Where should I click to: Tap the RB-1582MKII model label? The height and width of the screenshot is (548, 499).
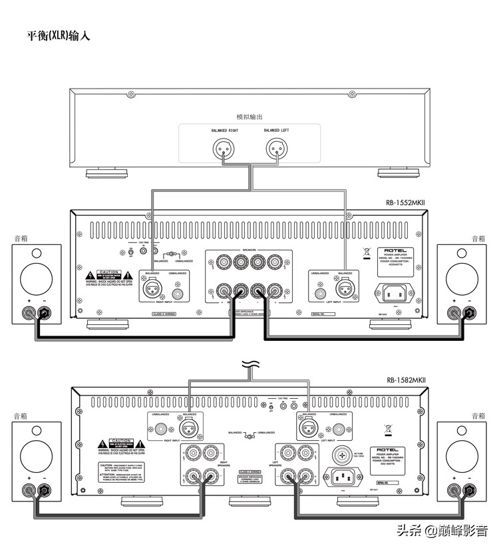coord(406,380)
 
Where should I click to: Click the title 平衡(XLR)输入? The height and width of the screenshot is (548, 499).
coord(58,36)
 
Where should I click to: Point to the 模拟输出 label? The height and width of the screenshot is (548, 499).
coord(249,117)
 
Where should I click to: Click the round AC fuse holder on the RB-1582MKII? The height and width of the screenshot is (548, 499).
coord(344,455)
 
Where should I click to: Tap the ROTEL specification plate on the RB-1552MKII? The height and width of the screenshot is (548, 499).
coord(393,258)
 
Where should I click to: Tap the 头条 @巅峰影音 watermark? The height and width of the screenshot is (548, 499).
coord(442,531)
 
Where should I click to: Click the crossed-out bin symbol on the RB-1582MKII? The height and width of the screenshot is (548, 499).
coord(389,430)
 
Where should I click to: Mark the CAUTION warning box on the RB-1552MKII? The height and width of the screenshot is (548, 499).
coord(108,276)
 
